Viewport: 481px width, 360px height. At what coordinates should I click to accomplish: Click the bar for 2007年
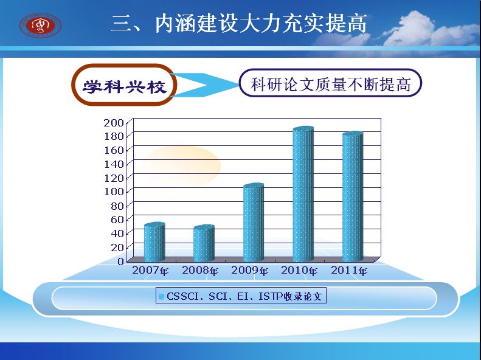click(x=154, y=241)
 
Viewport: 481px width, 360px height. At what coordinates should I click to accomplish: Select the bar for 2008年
click(x=204, y=243)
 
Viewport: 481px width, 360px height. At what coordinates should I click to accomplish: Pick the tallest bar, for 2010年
click(x=303, y=194)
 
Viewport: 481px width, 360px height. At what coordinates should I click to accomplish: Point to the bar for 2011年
click(x=353, y=196)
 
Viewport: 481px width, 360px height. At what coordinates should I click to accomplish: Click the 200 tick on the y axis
click(x=114, y=123)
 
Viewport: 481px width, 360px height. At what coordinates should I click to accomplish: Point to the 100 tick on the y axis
click(x=114, y=192)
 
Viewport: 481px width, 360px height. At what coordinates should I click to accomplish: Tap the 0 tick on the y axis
click(x=120, y=261)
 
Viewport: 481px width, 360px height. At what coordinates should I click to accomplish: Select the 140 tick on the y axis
click(x=114, y=164)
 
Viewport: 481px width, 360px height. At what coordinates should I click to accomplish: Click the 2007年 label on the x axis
click(x=150, y=271)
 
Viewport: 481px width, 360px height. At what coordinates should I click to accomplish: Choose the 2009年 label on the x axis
click(x=250, y=271)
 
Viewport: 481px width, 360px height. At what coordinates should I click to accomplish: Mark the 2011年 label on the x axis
click(x=349, y=271)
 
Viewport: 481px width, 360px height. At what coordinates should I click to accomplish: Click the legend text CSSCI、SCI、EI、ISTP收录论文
click(x=244, y=296)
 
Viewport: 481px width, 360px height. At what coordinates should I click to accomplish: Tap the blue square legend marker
click(x=161, y=297)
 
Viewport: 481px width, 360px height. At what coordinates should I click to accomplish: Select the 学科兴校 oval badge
click(x=124, y=85)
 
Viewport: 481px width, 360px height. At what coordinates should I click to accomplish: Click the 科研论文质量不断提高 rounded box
click(x=330, y=83)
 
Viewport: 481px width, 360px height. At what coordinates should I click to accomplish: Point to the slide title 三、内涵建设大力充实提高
click(x=239, y=23)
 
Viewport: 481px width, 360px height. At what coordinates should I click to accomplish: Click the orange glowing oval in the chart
click(x=181, y=166)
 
